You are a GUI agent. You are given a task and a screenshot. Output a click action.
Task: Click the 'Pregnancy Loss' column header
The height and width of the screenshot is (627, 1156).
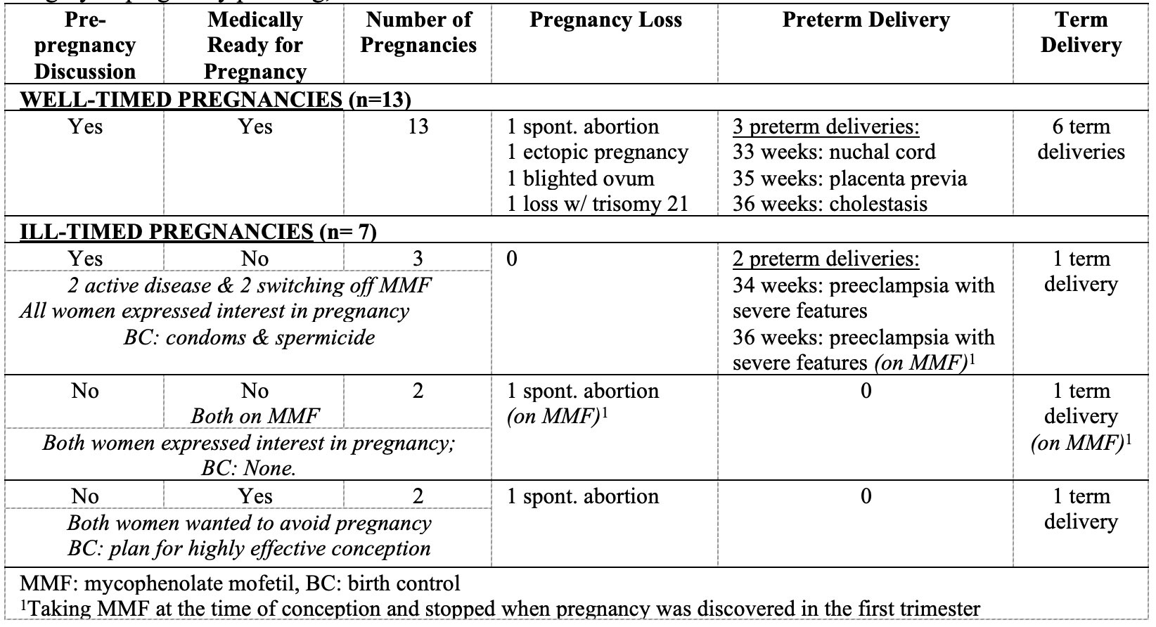tap(605, 20)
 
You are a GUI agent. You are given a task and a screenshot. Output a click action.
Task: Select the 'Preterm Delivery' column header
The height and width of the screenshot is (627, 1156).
tap(866, 20)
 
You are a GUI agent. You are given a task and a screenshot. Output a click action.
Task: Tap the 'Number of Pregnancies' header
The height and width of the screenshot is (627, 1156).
tap(418, 32)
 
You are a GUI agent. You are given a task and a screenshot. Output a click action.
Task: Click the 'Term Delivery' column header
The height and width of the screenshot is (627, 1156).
tap(1081, 32)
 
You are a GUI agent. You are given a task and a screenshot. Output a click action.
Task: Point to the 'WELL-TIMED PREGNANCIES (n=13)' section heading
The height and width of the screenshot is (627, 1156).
tap(215, 100)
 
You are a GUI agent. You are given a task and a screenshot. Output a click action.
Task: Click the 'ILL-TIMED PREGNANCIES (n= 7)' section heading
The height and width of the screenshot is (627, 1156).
tap(198, 232)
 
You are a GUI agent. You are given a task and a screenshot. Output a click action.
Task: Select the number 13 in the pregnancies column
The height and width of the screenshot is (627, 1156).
tap(418, 127)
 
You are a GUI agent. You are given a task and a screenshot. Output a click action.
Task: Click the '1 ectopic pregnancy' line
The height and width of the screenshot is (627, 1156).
tap(598, 153)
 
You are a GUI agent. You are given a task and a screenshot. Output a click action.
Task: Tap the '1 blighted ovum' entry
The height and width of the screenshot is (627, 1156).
tap(580, 179)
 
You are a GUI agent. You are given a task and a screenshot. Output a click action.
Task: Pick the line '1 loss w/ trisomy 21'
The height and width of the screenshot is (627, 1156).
tap(598, 204)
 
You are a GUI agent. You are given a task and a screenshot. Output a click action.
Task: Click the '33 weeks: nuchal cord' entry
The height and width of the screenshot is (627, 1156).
tap(834, 153)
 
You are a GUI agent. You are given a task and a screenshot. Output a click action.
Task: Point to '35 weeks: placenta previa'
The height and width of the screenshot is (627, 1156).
tap(849, 179)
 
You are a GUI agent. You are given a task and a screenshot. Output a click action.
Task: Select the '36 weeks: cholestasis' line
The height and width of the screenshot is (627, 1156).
tap(830, 204)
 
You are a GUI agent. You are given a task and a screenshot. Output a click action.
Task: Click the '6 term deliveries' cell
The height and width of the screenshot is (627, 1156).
tap(1081, 139)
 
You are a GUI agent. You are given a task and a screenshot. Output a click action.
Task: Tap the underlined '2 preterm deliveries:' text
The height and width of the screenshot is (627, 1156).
tap(826, 259)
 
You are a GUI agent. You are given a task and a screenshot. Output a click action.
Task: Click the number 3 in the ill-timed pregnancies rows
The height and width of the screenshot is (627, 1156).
tap(418, 259)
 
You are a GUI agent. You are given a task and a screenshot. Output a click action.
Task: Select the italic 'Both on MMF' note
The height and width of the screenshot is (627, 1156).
tap(255, 416)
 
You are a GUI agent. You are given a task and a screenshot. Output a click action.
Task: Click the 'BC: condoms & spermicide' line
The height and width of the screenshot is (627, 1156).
tap(249, 337)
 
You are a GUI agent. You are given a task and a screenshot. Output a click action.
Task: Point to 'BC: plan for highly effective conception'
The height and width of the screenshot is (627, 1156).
tap(249, 548)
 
